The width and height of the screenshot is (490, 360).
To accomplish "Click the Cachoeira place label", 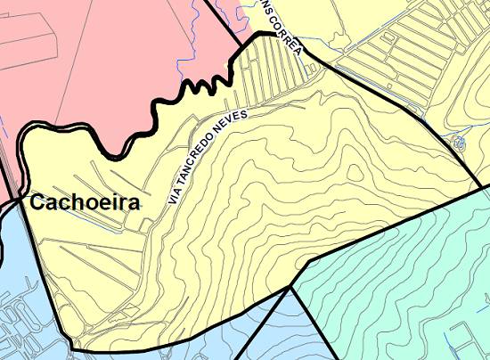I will pyautogui.click(x=86, y=203).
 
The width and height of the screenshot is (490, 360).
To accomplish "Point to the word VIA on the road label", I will pyautogui.click(x=175, y=194).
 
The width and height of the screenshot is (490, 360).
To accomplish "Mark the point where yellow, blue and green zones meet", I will pyautogui.click(x=291, y=287).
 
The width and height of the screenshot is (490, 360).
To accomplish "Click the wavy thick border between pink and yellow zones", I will pyautogui.click(x=160, y=107).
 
